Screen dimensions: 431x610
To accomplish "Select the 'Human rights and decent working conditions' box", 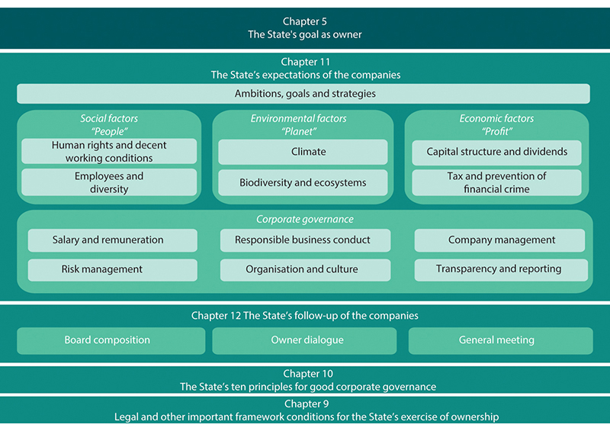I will [x=109, y=151].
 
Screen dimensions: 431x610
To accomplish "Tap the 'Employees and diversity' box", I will [x=109, y=182].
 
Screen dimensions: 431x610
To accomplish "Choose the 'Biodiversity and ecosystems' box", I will [x=303, y=182].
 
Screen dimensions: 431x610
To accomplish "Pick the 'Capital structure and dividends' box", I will [x=496, y=152].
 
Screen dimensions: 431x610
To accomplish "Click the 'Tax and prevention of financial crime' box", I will [x=496, y=182].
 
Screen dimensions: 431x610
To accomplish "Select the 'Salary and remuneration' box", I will [x=108, y=240].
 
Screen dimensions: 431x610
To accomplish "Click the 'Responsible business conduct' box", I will [x=303, y=240].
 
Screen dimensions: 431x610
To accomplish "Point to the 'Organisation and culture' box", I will [x=303, y=269].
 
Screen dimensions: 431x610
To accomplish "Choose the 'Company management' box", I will [x=501, y=240].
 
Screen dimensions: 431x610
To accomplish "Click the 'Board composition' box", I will [x=108, y=340].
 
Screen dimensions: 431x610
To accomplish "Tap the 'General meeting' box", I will [x=496, y=340].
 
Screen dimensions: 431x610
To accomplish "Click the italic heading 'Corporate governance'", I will [x=305, y=219].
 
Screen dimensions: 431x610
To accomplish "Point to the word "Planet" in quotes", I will [x=299, y=130].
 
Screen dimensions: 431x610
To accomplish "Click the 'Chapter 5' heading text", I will [x=305, y=21].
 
